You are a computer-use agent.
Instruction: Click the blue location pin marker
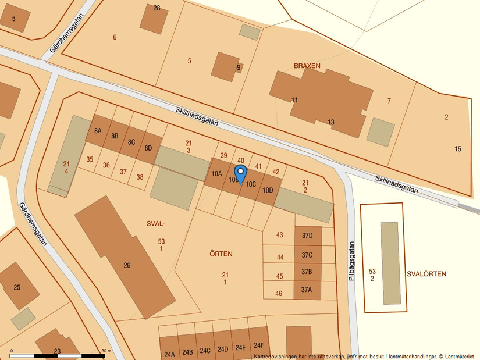click(240, 173)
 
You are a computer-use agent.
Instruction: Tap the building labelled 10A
click(216, 173)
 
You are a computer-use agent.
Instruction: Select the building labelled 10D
click(268, 190)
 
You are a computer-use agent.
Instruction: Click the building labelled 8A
click(98, 131)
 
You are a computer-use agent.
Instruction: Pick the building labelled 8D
click(148, 148)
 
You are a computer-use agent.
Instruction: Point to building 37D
click(307, 236)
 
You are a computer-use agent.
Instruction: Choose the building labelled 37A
click(307, 290)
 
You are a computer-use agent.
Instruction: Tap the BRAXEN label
click(307, 66)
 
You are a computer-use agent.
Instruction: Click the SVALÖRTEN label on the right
click(426, 274)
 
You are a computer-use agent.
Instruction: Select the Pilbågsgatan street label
click(351, 262)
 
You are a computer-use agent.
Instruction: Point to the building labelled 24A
click(169, 350)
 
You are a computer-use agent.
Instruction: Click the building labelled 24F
click(258, 345)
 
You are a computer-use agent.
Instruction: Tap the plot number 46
click(279, 294)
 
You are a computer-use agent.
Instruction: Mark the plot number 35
click(89, 159)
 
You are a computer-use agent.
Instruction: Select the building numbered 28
click(154, 20)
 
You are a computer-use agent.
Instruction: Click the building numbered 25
click(17, 286)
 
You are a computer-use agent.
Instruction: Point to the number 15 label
click(458, 149)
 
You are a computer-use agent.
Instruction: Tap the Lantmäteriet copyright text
click(364, 356)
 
